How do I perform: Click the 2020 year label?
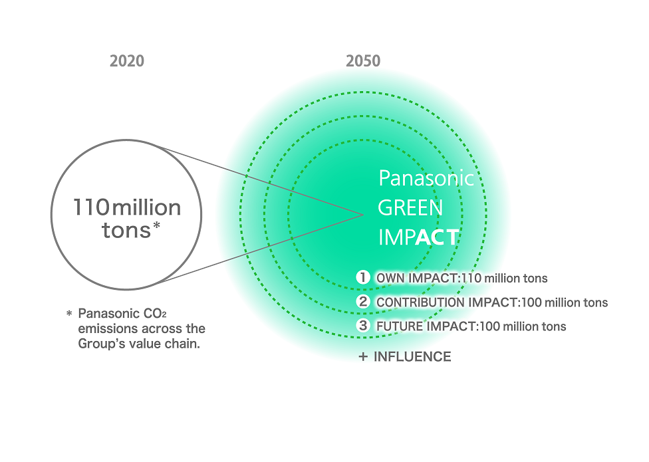tap(127, 60)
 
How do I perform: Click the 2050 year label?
tap(363, 60)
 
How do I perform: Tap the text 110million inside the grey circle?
tap(127, 207)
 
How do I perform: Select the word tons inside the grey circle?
tap(126, 231)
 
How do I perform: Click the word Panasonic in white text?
tap(426, 178)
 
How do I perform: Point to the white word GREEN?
tap(410, 207)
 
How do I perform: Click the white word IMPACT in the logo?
tap(419, 237)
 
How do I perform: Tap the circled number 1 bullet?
tap(363, 277)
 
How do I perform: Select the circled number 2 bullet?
tap(363, 302)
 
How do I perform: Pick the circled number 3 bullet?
tap(363, 326)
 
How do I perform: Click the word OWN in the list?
tap(390, 279)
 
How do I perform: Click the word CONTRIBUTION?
tap(420, 302)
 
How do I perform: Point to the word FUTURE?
tap(400, 327)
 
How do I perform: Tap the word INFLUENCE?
tap(412, 356)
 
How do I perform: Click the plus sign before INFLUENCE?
tap(363, 356)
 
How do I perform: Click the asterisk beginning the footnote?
tap(69, 314)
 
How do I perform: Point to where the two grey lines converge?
tap(363, 215)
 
